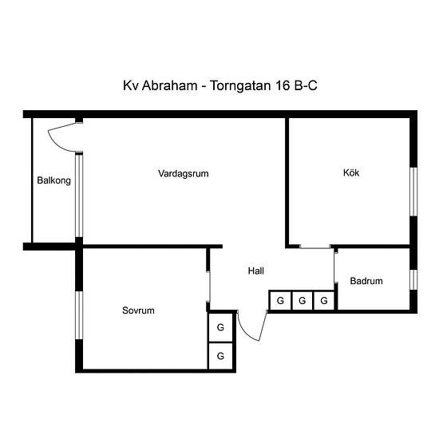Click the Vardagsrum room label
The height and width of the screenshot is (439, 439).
pyautogui.click(x=183, y=173)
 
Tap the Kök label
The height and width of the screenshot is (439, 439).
pyautogui.click(x=351, y=172)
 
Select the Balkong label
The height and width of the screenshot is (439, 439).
pyautogui.click(x=53, y=180)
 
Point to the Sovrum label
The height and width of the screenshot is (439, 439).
pyautogui.click(x=138, y=310)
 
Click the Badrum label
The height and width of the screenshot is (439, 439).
pyautogui.click(x=366, y=281)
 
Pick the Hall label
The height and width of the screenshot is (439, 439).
pyautogui.click(x=256, y=271)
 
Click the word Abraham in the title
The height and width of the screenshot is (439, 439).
pyautogui.click(x=170, y=85)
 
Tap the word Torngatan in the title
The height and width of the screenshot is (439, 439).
pyautogui.click(x=240, y=86)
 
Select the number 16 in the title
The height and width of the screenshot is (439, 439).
pyautogui.click(x=283, y=85)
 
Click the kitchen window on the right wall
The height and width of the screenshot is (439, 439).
pyautogui.click(x=413, y=192)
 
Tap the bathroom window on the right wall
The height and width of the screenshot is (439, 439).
pyautogui.click(x=413, y=279)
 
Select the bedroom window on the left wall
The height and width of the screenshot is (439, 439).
pyautogui.click(x=79, y=315)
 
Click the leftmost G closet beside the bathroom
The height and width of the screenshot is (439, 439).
pyautogui.click(x=280, y=301)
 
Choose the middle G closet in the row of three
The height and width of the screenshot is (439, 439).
pyautogui.click(x=302, y=301)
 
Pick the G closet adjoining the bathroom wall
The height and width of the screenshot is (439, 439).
pyautogui.click(x=324, y=301)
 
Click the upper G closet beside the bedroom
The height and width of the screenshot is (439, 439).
pyautogui.click(x=220, y=327)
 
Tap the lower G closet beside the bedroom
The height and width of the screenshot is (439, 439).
pyautogui.click(x=220, y=356)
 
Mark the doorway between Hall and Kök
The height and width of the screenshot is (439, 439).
pyautogui.click(x=315, y=247)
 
